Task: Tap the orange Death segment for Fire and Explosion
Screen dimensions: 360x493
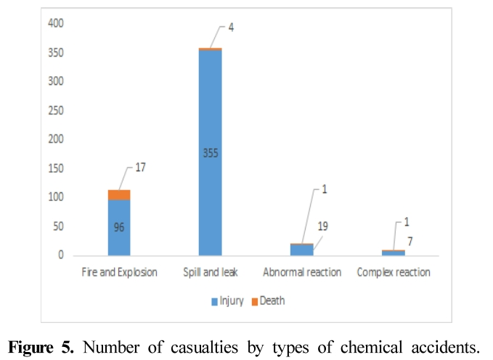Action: pyautogui.click(x=119, y=195)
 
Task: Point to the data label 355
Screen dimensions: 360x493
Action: pyautogui.click(x=210, y=152)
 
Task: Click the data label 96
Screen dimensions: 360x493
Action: pyautogui.click(x=119, y=226)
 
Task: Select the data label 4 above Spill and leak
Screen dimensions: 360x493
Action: pyautogui.click(x=231, y=28)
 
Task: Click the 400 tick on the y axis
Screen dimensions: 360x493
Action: pyautogui.click(x=57, y=24)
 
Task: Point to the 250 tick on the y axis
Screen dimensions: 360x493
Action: pyautogui.click(x=57, y=110)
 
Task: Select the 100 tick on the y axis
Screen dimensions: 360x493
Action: pyautogui.click(x=57, y=197)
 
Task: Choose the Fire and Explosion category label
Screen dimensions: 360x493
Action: pyautogui.click(x=119, y=273)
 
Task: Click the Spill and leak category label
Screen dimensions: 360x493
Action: pyautogui.click(x=210, y=273)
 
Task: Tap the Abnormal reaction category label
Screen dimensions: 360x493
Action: pyautogui.click(x=301, y=273)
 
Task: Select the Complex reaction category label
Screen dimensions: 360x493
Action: pyautogui.click(x=393, y=273)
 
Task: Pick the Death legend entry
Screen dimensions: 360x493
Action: pyautogui.click(x=269, y=300)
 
